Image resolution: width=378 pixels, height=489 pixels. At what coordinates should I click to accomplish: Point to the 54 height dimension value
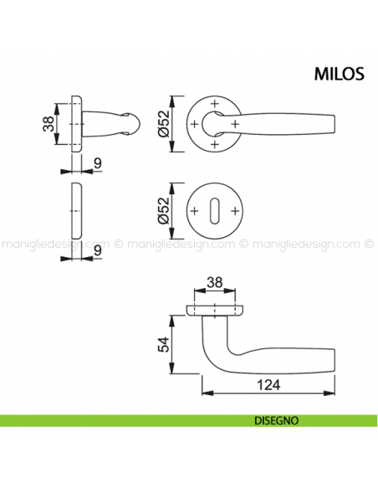(164, 344)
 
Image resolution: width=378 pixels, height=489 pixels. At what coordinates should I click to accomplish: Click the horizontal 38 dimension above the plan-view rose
(216, 284)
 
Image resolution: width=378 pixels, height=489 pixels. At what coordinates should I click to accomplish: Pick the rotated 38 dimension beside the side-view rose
(48, 125)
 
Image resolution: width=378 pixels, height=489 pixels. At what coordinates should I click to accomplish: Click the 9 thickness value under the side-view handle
(97, 162)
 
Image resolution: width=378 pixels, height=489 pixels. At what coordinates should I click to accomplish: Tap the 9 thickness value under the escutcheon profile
(97, 250)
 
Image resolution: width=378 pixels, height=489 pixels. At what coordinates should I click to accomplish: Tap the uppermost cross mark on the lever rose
(216, 103)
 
